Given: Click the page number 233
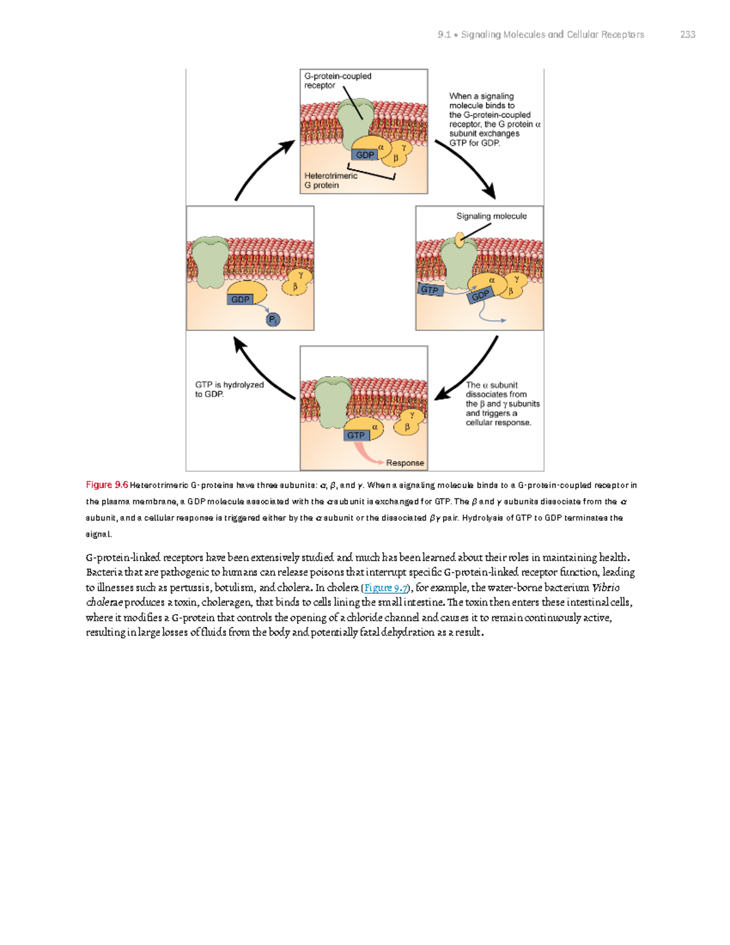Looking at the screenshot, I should pyautogui.click(x=687, y=35).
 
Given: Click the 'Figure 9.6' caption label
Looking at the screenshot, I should pyautogui.click(x=106, y=485).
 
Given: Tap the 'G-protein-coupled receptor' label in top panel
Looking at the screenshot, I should pyautogui.click(x=337, y=80).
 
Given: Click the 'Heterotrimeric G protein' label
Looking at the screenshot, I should pyautogui.click(x=330, y=180).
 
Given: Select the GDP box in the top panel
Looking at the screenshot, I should pyautogui.click(x=365, y=155).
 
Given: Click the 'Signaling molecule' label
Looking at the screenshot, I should pyautogui.click(x=491, y=216).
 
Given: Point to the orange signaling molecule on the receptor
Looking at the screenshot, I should pyautogui.click(x=460, y=239).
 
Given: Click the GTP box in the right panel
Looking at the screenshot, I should pyautogui.click(x=430, y=290).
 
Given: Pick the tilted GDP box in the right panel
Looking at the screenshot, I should pyautogui.click(x=480, y=295).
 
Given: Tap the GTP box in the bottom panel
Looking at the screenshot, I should pyautogui.click(x=356, y=435).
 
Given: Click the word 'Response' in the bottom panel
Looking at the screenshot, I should pyautogui.click(x=405, y=462).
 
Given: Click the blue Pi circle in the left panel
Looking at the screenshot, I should pyautogui.click(x=273, y=319).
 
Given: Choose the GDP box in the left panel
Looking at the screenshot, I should pyautogui.click(x=240, y=299).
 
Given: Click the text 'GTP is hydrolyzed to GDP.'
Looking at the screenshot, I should pyautogui.click(x=229, y=389).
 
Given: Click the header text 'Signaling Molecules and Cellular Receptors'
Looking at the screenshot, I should pyautogui.click(x=552, y=35).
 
